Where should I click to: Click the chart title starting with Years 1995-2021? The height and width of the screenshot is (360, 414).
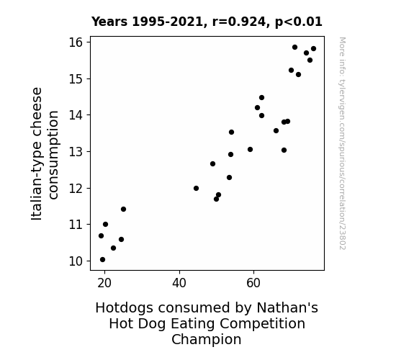pyautogui.click(x=207, y=22)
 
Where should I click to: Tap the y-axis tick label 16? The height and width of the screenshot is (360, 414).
pyautogui.click(x=76, y=42)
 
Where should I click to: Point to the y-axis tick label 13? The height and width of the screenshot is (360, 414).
pyautogui.click(x=76, y=152)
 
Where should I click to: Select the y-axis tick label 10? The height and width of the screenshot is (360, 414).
pyautogui.click(x=76, y=261)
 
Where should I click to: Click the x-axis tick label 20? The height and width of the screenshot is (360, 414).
pyautogui.click(x=104, y=283)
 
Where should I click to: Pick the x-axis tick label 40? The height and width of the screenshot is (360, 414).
pyautogui.click(x=179, y=283)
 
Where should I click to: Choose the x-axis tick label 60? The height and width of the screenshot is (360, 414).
pyautogui.click(x=253, y=283)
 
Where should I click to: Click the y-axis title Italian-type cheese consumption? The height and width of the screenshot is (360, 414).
pyautogui.click(x=45, y=153)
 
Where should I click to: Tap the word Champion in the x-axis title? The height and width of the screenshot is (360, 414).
pyautogui.click(x=207, y=339)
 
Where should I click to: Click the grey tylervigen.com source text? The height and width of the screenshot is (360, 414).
pyautogui.click(x=343, y=143)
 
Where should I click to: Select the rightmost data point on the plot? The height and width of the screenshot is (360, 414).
pyautogui.click(x=313, y=48)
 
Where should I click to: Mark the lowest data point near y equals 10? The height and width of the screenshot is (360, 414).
pyautogui.click(x=102, y=260)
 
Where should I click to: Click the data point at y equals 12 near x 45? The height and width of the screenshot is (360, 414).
pyautogui.click(x=196, y=189)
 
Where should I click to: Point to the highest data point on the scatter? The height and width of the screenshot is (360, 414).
pyautogui.click(x=294, y=48)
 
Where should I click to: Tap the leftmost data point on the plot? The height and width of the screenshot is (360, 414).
pyautogui.click(x=101, y=236)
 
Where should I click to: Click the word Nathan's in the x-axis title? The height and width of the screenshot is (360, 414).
pyautogui.click(x=287, y=308)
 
